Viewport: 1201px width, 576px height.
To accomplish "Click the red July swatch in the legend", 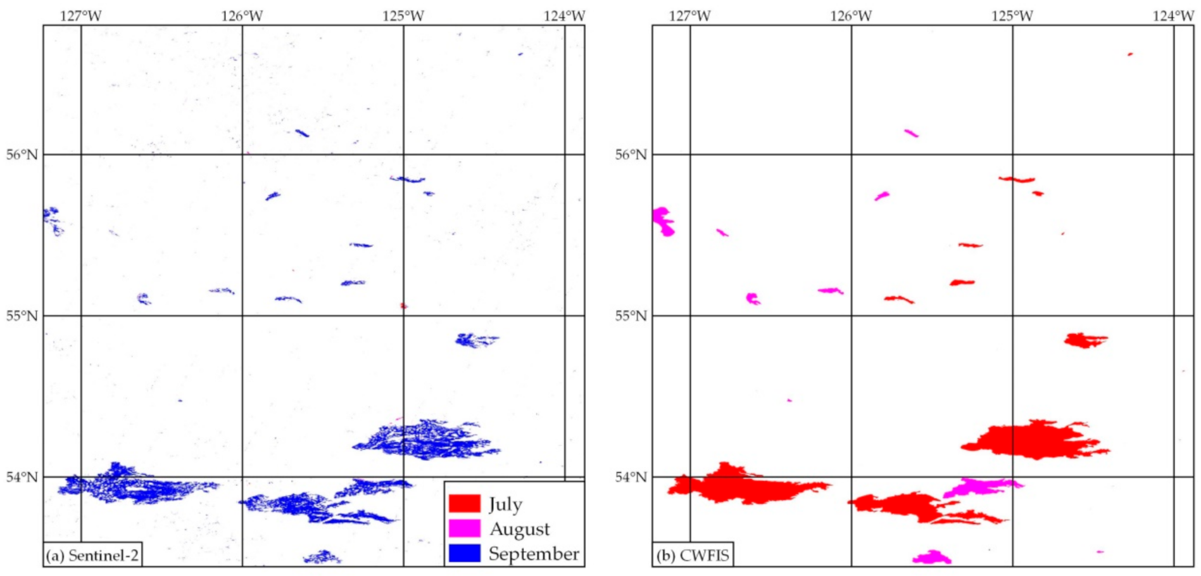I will pyautogui.click(x=464, y=504).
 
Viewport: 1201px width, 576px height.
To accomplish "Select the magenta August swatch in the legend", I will pyautogui.click(x=464, y=528).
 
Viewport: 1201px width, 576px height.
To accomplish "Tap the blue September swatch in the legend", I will pyautogui.click(x=464, y=553).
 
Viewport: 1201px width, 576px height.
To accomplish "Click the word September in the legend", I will pyautogui.click(x=533, y=554).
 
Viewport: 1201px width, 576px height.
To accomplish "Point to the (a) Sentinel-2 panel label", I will pyautogui.click(x=92, y=556).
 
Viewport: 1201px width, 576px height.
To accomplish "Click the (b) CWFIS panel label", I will pyautogui.click(x=693, y=556).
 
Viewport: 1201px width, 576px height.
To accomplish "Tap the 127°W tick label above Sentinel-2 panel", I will pyautogui.click(x=81, y=15).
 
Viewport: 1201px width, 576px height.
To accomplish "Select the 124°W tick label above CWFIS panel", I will pyautogui.click(x=1173, y=15).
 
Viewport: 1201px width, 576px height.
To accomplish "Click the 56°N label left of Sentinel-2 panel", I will pyautogui.click(x=22, y=155).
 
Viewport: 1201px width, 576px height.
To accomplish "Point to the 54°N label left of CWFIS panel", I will pyautogui.click(x=631, y=477).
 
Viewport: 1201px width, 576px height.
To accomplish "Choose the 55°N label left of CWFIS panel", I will pyautogui.click(x=631, y=316).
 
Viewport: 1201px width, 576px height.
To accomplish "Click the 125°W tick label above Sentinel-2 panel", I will pyautogui.click(x=403, y=15).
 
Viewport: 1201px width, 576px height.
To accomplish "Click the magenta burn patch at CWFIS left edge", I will pyautogui.click(x=663, y=221).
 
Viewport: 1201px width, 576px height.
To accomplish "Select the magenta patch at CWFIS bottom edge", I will pyautogui.click(x=931, y=558).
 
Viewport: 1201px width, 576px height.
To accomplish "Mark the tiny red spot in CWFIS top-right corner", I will pyautogui.click(x=1130, y=54).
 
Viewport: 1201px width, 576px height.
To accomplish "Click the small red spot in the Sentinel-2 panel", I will pyautogui.click(x=404, y=306).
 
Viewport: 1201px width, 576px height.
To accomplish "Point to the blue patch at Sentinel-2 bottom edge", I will pyautogui.click(x=322, y=558).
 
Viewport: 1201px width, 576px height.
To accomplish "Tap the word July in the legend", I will pyautogui.click(x=505, y=504).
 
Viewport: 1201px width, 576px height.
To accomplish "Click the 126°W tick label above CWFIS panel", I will pyautogui.click(x=851, y=15).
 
